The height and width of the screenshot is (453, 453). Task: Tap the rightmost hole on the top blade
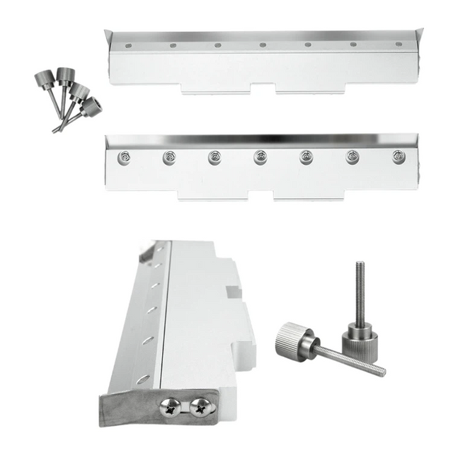398,44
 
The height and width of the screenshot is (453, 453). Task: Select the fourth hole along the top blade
263,45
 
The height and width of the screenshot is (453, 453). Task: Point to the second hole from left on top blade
173,45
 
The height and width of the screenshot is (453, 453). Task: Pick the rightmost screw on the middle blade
399,156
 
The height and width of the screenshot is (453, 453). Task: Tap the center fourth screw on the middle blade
260,157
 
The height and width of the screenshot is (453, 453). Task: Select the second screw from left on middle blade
169,157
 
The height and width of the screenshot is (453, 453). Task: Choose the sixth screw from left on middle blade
353,157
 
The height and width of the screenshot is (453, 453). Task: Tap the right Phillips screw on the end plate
200,406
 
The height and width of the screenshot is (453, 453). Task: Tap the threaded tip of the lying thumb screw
381,370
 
